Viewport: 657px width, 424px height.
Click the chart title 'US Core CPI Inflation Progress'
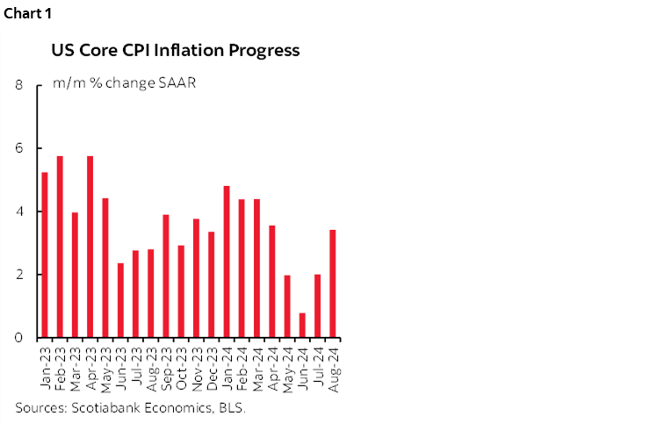click(176, 50)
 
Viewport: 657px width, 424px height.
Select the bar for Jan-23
click(45, 255)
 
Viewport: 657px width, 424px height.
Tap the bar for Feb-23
click(60, 247)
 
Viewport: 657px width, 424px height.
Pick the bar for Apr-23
click(90, 247)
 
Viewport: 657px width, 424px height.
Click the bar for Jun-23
click(120, 300)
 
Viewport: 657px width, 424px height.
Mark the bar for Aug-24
click(332, 284)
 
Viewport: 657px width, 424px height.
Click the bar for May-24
click(286, 306)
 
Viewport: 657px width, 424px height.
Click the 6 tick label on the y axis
click(18, 148)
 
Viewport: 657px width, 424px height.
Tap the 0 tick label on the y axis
click(18, 338)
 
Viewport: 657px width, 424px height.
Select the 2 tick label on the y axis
click(18, 275)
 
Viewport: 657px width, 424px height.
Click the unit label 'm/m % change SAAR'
click(123, 84)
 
